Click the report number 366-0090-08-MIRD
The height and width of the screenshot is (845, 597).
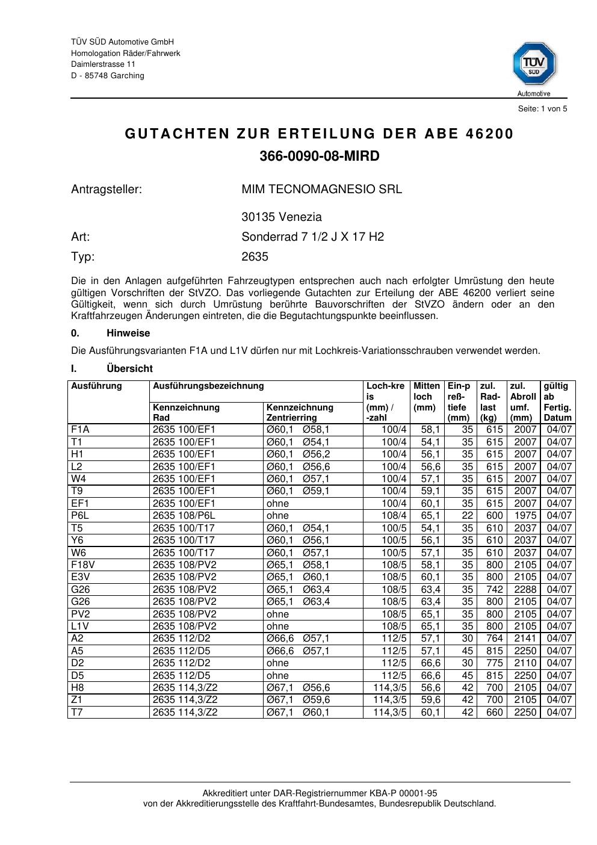pyautogui.click(x=320, y=156)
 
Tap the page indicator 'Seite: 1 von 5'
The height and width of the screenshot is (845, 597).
pyautogui.click(x=542, y=109)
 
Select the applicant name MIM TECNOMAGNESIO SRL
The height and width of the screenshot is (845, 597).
pyautogui.click(x=321, y=190)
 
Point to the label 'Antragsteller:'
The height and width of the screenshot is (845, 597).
pyautogui.click(x=107, y=190)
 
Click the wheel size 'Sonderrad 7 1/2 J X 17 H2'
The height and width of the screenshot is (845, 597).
pyautogui.click(x=312, y=237)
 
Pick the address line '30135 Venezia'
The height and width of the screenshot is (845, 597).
pyautogui.click(x=282, y=217)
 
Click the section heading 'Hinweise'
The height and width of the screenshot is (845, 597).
pyautogui.click(x=128, y=333)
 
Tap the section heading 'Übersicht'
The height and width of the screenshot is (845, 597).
pyautogui.click(x=129, y=369)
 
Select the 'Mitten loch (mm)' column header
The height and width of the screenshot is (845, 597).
pyautogui.click(x=427, y=397)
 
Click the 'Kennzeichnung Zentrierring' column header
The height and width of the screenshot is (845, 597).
pyautogui.click(x=300, y=412)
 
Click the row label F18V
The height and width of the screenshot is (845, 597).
pyautogui.click(x=82, y=565)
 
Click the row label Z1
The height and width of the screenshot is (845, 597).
pyautogui.click(x=77, y=700)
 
